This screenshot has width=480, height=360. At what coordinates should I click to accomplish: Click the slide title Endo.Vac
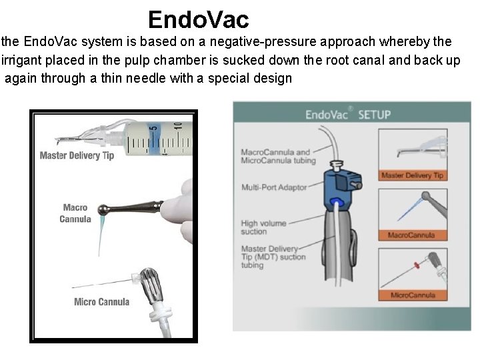point(198,19)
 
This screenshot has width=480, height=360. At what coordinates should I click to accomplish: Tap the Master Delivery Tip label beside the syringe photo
point(77,156)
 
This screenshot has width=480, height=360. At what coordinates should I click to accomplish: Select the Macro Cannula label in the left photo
point(75,213)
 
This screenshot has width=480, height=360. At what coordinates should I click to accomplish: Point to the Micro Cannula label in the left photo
point(101,302)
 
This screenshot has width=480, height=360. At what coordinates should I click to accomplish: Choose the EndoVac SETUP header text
point(348,115)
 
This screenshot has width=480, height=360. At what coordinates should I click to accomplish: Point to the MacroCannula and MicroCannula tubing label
point(275,157)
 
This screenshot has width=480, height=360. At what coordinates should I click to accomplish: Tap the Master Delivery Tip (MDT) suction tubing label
point(273,257)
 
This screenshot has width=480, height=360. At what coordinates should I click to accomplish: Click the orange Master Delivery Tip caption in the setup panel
point(412,175)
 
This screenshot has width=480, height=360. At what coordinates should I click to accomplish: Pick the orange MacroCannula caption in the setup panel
point(411,235)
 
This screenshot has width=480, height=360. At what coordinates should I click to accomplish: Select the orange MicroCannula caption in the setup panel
point(411,295)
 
